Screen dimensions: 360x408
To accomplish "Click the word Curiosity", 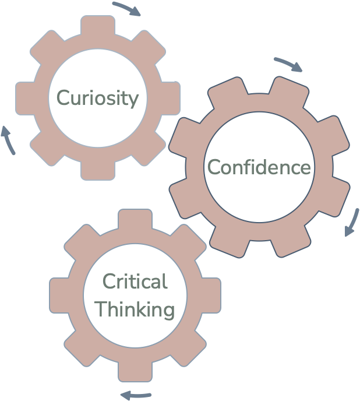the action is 98,97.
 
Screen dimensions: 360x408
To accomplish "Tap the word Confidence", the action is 259,167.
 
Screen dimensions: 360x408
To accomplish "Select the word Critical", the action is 135,283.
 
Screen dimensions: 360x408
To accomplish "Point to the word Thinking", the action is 135,309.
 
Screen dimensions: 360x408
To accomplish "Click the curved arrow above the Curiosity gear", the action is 126,9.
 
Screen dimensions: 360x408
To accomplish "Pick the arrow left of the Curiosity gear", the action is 8,140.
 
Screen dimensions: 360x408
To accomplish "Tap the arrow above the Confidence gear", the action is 288,65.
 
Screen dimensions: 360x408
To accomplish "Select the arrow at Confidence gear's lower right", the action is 351,222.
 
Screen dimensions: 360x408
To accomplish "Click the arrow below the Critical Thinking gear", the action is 136,396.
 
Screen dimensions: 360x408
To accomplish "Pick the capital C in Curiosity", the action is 61,97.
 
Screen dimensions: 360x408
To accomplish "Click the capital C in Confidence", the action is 214,168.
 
